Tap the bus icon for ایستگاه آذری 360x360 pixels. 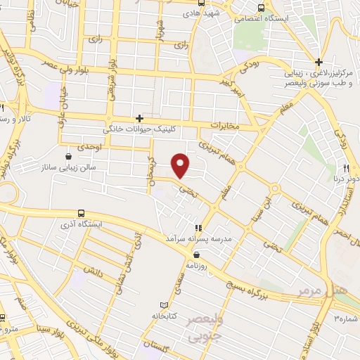tap(82, 212)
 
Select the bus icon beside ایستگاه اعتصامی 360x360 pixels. tap(261, 8)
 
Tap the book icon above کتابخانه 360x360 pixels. tap(165, 305)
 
